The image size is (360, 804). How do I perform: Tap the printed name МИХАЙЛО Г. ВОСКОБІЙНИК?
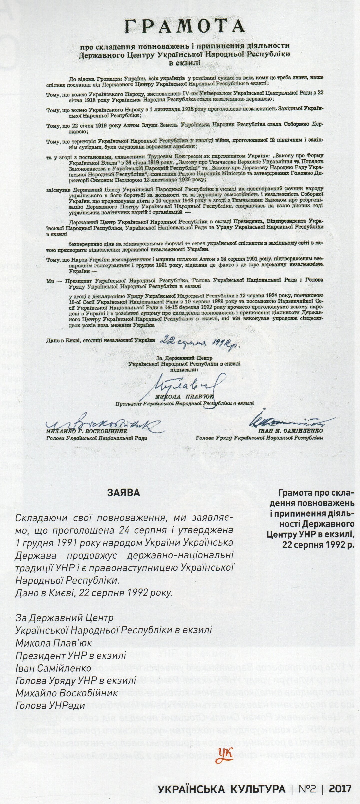82,431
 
